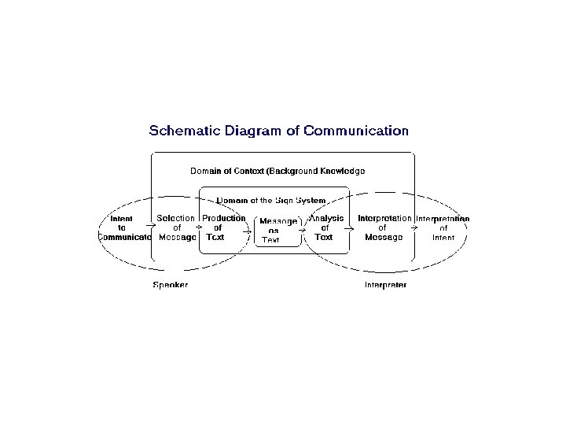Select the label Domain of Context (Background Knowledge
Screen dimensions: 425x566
click(277, 171)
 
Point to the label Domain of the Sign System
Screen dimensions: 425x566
click(271, 201)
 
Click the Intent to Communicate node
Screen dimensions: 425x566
click(122, 227)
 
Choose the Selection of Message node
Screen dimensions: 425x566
click(177, 227)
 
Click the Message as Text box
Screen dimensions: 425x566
click(277, 230)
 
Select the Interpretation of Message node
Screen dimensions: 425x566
click(384, 227)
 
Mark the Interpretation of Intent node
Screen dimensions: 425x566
click(443, 227)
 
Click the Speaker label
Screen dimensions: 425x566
click(170, 284)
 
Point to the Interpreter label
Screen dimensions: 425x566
click(385, 284)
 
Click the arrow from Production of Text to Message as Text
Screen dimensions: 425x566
click(248, 231)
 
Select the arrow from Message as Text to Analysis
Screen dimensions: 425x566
click(303, 231)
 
